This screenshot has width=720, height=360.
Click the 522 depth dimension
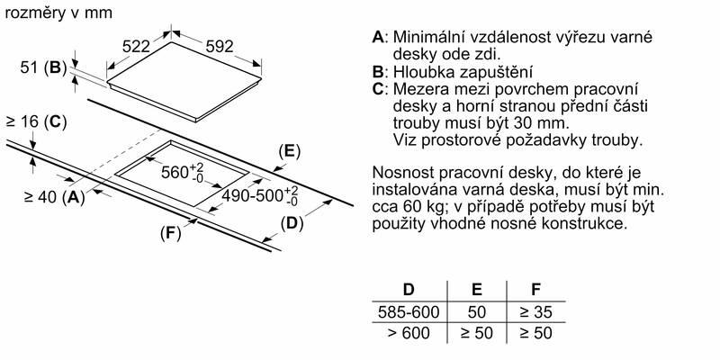(x=137, y=47)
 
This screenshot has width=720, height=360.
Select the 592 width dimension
(x=220, y=47)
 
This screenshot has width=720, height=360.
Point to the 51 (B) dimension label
(x=40, y=67)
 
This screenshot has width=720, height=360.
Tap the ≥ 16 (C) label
(x=36, y=122)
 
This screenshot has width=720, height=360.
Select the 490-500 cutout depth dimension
(x=260, y=196)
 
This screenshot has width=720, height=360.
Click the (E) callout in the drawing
(x=289, y=151)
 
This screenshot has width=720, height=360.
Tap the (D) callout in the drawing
(x=292, y=224)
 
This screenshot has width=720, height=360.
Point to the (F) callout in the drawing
(x=170, y=234)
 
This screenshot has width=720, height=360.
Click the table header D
(x=409, y=289)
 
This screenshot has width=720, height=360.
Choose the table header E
(x=477, y=289)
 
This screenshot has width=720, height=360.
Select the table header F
(x=535, y=289)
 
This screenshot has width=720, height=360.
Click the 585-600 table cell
(x=409, y=312)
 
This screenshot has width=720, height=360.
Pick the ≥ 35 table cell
(x=535, y=312)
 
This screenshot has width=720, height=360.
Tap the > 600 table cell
(x=409, y=332)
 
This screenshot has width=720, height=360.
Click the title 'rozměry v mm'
(x=58, y=13)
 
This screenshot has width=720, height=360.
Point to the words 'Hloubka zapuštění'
(x=463, y=72)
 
